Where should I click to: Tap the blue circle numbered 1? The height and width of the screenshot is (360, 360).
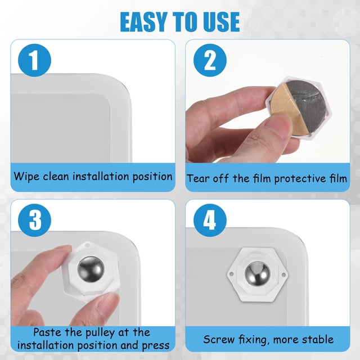[34, 60]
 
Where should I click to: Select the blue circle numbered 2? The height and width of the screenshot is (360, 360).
[210, 60]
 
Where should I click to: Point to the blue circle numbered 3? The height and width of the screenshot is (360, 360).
[34, 220]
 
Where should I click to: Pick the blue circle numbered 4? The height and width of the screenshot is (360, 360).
[210, 220]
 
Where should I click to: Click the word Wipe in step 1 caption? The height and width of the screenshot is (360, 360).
[26, 177]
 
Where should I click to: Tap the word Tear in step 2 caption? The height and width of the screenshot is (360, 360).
[198, 179]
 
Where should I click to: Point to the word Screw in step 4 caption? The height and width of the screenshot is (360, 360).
[219, 339]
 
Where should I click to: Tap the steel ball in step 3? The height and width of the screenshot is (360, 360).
[91, 269]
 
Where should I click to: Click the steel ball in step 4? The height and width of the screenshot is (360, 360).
[257, 274]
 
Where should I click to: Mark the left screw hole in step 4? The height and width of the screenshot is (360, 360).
[231, 274]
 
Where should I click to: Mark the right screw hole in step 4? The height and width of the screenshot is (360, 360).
[283, 274]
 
